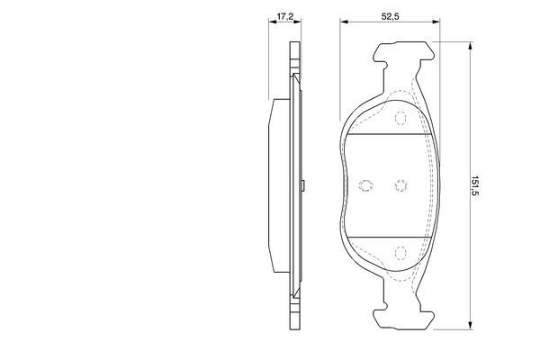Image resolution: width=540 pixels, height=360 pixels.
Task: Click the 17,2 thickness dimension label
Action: click(x=285, y=16)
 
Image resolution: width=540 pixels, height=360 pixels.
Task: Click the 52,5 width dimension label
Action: click(x=387, y=16)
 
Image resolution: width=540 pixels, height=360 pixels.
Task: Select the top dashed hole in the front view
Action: click(x=401, y=115)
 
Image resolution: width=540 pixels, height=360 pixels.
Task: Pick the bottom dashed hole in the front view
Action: click(x=401, y=253)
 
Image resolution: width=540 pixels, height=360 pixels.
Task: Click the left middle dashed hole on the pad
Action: click(x=365, y=185)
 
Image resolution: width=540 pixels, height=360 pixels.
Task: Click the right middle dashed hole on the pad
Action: click(x=401, y=185)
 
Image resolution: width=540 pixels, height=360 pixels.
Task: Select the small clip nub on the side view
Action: click(x=307, y=186)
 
